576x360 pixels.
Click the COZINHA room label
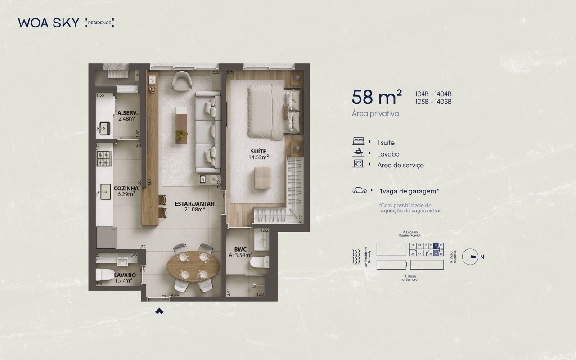(x=126, y=189)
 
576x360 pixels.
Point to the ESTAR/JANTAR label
(x=194, y=204)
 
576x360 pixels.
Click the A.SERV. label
(x=127, y=113)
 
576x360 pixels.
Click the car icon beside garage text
(x=360, y=191)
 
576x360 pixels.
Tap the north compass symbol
(x=472, y=257)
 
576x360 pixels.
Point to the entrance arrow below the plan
(x=159, y=310)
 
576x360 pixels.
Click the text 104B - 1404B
(x=433, y=94)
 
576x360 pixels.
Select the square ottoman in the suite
(x=262, y=177)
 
